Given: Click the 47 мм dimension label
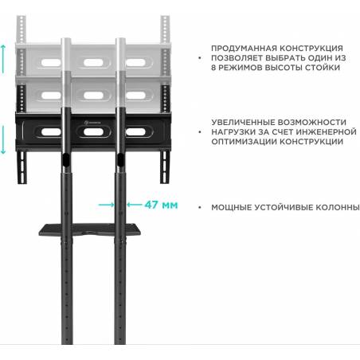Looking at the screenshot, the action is point(161,205).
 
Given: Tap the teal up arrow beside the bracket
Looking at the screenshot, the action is point(3,59).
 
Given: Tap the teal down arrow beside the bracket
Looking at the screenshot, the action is point(3,139).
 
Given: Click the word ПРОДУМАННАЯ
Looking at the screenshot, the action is point(244,49).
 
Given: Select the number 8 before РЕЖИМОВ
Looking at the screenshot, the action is point(213,68).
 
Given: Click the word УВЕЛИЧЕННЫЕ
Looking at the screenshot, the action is point(243,123).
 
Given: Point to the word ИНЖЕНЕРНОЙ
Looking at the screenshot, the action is point(326,132).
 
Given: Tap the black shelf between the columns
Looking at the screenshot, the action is point(90,230).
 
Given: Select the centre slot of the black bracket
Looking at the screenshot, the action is point(93,131).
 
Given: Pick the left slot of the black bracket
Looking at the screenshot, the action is point(51,132).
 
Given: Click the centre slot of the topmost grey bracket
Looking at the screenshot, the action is point(93,63).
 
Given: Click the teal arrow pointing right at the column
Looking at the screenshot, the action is point(106,205).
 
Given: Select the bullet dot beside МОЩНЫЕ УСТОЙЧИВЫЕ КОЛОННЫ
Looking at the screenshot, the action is point(200,207).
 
